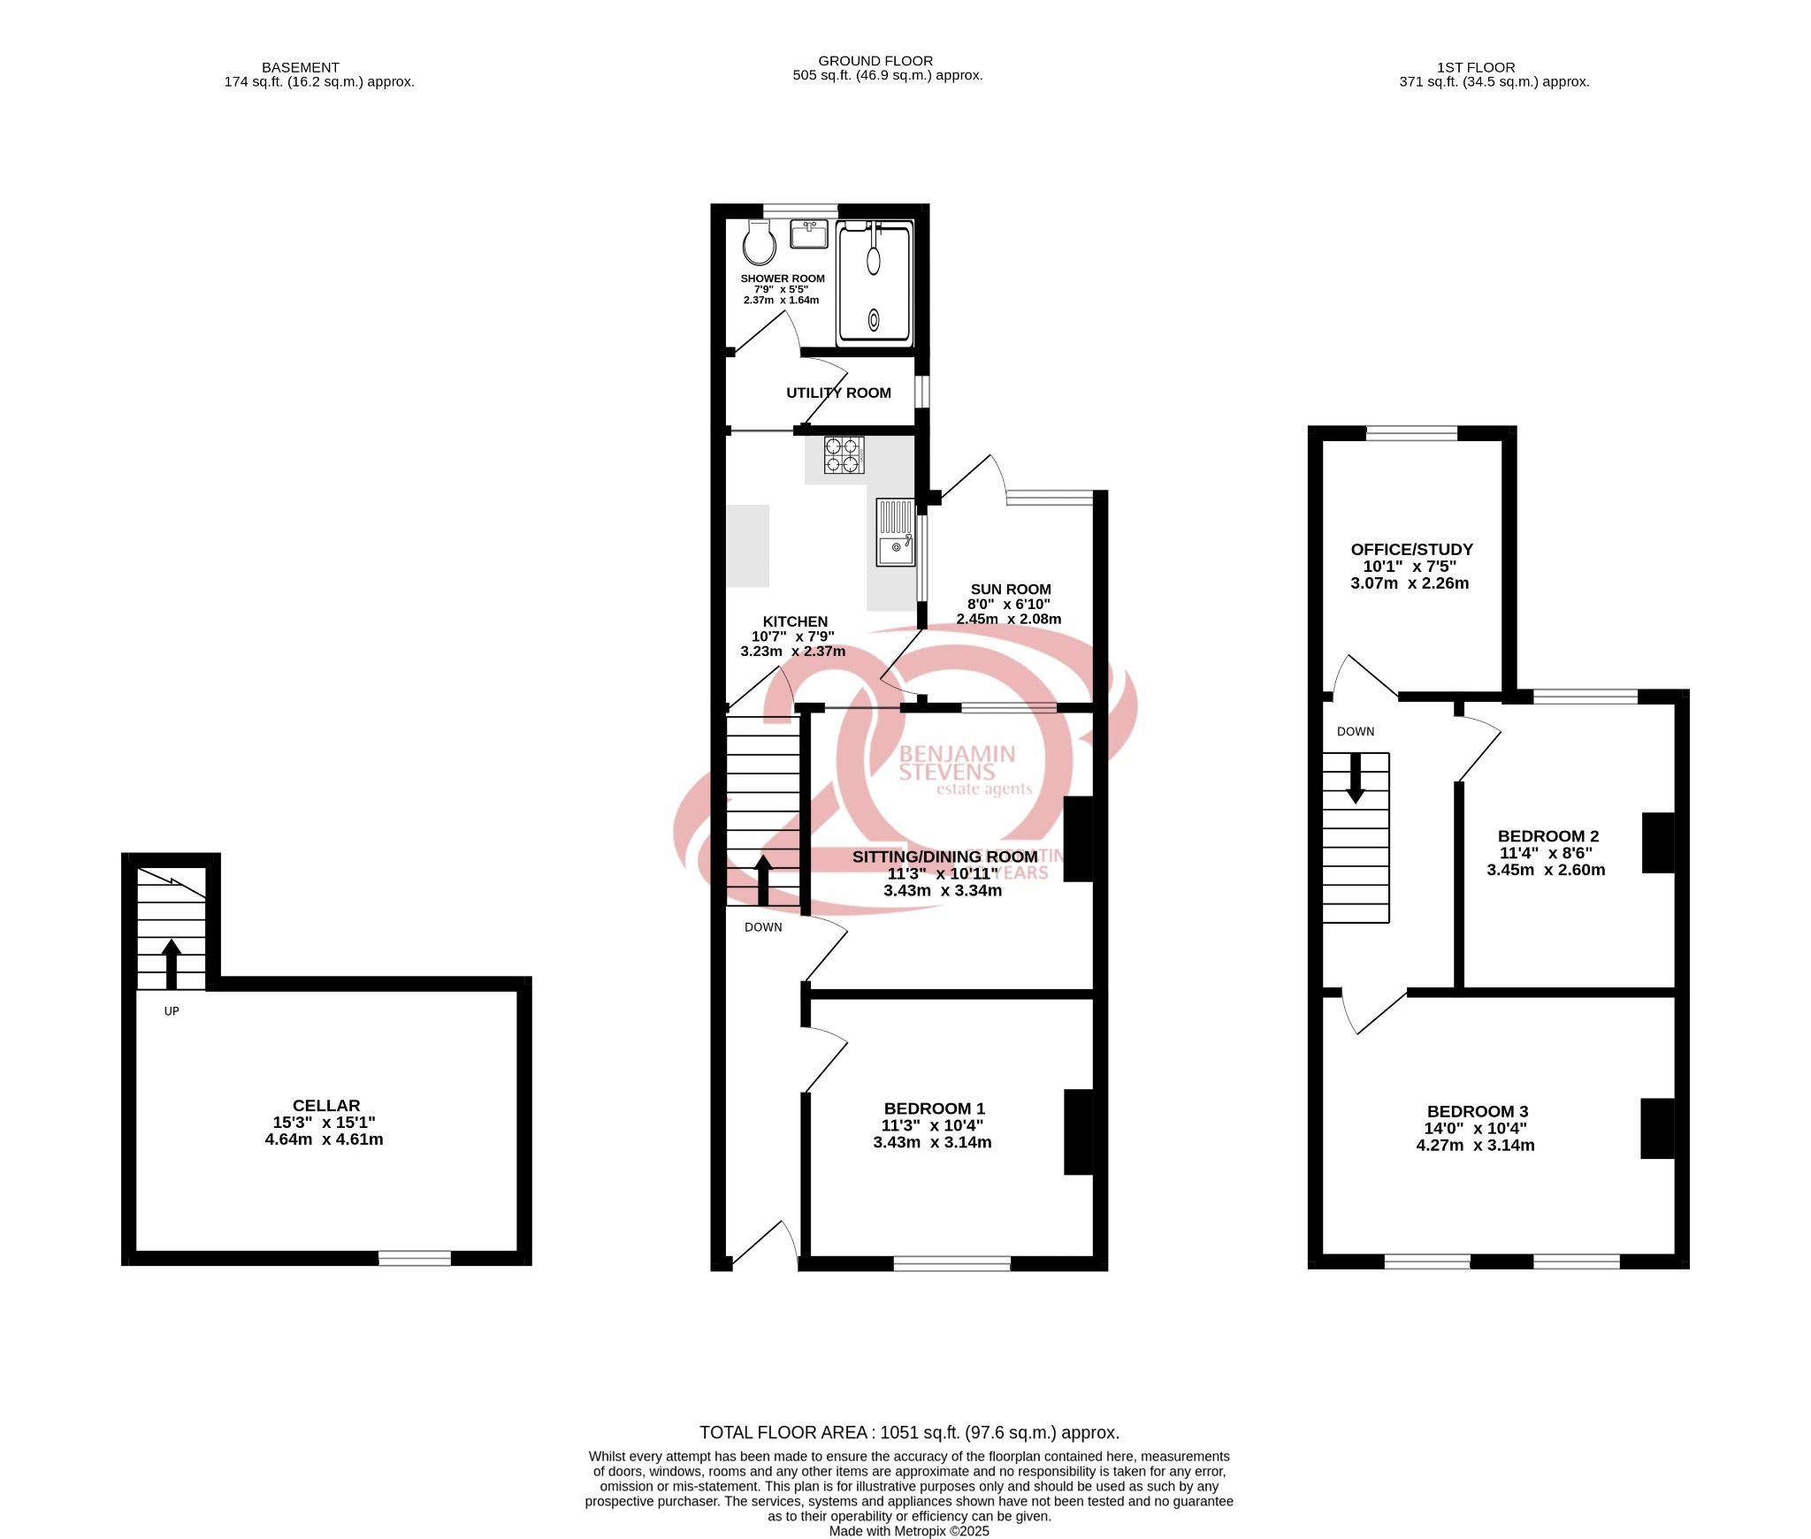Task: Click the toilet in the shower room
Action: [759, 243]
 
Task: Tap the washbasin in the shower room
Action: [808, 235]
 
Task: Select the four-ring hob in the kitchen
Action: [844, 455]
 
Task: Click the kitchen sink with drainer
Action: [895, 532]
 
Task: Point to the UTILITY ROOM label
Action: [838, 393]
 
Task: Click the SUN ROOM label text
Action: [1010, 590]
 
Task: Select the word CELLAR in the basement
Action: [326, 1106]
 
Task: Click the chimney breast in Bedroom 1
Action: [1078, 1132]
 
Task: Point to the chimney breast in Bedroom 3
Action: [1657, 1128]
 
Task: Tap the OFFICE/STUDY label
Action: [1411, 550]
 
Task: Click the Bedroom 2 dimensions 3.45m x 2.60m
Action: [1546, 870]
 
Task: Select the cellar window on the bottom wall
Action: [415, 1258]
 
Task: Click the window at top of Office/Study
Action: [1411, 433]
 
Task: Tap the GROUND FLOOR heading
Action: [875, 61]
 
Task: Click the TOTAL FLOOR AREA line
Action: [909, 1432]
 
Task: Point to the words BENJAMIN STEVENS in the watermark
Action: [956, 763]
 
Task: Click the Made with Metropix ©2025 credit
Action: [909, 1531]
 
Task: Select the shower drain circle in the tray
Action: [875, 320]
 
